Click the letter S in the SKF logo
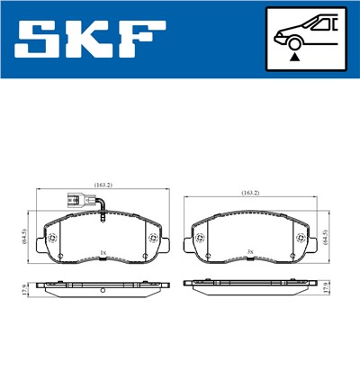(40, 40)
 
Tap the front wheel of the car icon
(294, 39)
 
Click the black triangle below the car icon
(294, 57)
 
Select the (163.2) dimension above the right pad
(250, 193)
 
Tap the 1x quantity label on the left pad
(103, 253)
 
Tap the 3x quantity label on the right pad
(251, 253)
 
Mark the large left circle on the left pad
(50, 238)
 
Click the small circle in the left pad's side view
(103, 290)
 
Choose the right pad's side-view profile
(251, 283)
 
